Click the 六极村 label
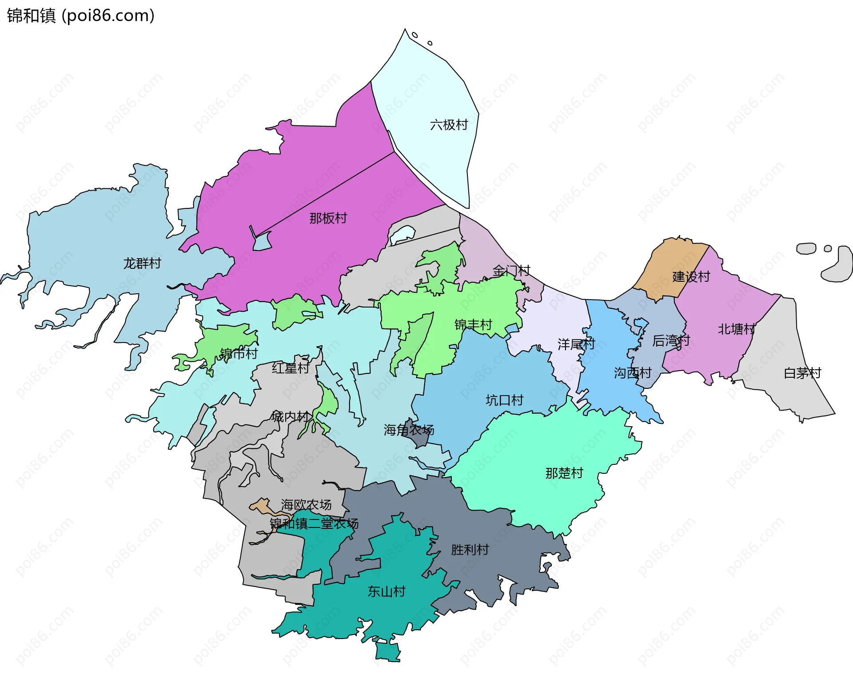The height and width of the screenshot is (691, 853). tap(449, 125)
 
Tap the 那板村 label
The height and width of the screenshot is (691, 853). tap(328, 218)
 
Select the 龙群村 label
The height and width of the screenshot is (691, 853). tap(142, 264)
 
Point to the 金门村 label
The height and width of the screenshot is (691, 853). tap(511, 271)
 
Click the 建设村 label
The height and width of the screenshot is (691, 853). tap(691, 277)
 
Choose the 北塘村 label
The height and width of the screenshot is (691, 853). tap(737, 329)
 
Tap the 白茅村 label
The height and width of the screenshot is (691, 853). tap(802, 373)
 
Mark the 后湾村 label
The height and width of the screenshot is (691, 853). tap(671, 341)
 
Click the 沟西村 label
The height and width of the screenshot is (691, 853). tap(633, 373)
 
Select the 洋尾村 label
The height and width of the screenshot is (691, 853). tap(576, 344)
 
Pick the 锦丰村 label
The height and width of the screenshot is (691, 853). tap(473, 325)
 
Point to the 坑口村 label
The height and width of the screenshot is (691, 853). tap(504, 400)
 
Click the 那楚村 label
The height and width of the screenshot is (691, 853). tap(564, 473)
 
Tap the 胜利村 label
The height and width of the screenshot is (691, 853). tap(470, 550)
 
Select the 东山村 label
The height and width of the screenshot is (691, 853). tap(386, 591)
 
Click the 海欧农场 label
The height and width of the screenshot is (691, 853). tap(306, 505)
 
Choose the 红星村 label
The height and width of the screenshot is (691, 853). tap(291, 368)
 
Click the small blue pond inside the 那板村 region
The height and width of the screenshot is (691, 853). tap(262, 242)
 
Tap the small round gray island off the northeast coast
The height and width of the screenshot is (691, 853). tap(828, 248)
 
